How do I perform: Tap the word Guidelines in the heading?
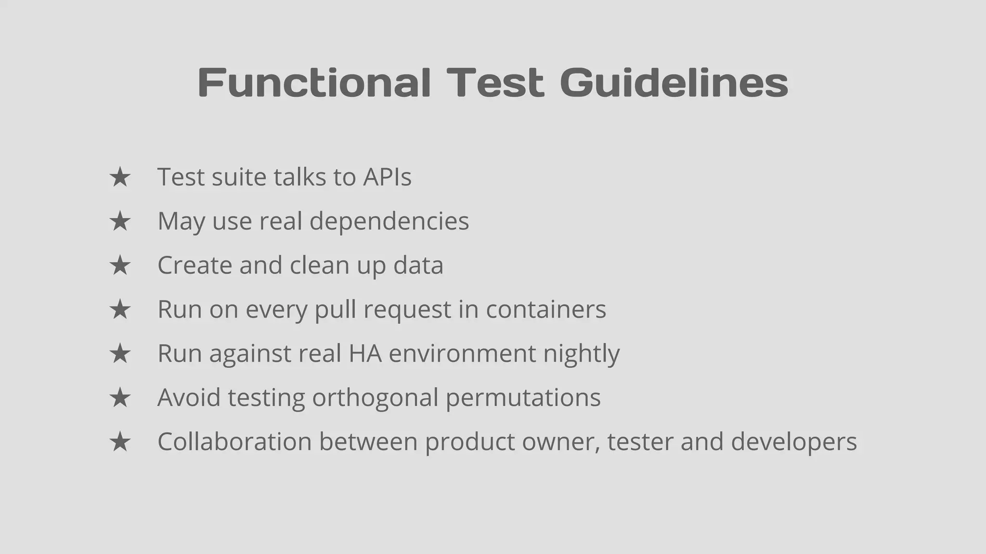point(674,83)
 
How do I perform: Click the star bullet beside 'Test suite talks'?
point(120,177)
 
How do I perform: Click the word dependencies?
point(389,221)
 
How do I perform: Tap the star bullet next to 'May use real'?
point(120,222)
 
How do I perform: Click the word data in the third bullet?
point(418,265)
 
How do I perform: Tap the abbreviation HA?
point(365,353)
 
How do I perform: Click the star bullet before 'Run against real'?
point(120,354)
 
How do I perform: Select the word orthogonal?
point(375,398)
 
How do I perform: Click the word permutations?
point(523,398)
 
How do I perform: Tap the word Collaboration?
point(234,441)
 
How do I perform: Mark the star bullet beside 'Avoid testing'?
point(120,398)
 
